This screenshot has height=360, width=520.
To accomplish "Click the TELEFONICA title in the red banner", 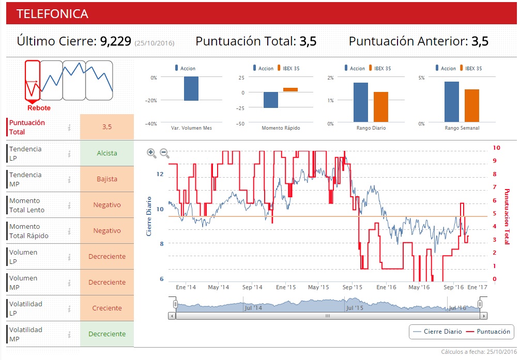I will (52, 14).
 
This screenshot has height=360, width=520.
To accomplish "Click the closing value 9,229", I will (116, 41).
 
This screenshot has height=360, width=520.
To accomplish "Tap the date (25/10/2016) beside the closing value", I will (154, 43).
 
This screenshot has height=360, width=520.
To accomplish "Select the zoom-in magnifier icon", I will (151, 153).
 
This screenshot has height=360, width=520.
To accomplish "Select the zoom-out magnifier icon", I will (164, 153).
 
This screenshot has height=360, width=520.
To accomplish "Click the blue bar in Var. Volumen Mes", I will (191, 88).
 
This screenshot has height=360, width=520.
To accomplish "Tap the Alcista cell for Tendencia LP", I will (107, 153).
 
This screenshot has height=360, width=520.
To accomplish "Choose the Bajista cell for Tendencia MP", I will (107, 179).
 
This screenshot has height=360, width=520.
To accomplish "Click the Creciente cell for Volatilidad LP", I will (107, 308).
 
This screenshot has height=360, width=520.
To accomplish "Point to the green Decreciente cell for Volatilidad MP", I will (107, 334).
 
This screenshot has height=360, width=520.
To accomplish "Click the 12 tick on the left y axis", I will (160, 174).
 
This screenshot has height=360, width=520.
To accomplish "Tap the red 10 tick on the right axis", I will (496, 148).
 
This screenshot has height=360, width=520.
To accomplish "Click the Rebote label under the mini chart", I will (39, 108).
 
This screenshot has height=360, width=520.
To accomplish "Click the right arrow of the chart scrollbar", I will (483, 316).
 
